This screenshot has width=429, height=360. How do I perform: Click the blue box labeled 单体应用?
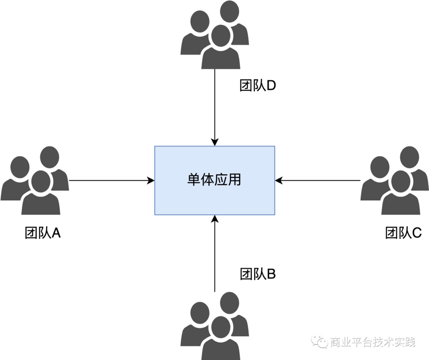[214, 180]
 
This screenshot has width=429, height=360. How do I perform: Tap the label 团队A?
[43, 233]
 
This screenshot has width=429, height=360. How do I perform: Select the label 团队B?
[258, 274]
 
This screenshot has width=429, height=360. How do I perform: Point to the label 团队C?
[403, 233]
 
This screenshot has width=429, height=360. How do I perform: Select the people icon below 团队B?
[214, 326]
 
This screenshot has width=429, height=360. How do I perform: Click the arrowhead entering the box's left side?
[151, 180]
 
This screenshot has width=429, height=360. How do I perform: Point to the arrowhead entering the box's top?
[214, 142]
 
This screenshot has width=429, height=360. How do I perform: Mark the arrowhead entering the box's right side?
[279, 180]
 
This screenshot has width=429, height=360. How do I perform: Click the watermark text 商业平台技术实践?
[372, 342]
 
